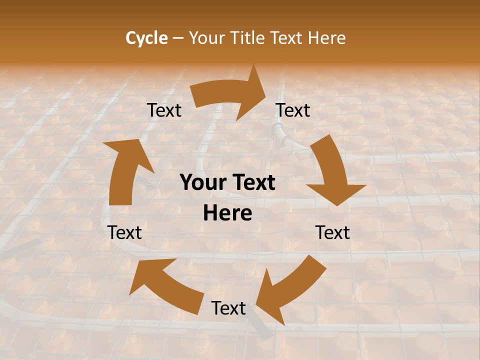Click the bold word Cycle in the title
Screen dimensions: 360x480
click(146, 38)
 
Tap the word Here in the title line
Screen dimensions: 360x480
click(326, 38)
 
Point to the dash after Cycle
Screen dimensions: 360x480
click(178, 38)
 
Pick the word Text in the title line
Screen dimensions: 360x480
click(287, 38)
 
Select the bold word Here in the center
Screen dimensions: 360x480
click(227, 213)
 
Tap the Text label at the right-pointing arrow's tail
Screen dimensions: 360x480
click(164, 110)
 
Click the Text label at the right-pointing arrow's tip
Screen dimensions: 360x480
click(293, 110)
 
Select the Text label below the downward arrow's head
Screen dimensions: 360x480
click(332, 232)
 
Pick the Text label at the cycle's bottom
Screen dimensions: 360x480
click(228, 308)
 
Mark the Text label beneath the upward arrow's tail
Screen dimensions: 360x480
click(124, 232)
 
